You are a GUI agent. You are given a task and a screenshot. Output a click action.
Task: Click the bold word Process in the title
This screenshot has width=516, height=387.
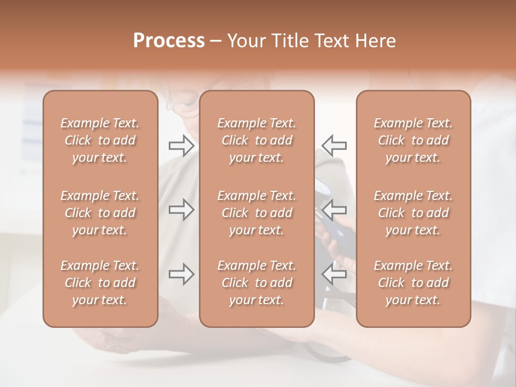169,41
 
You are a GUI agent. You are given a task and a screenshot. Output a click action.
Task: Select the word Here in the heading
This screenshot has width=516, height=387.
374,41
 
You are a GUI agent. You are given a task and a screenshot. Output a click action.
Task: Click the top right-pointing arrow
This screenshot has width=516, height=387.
181,145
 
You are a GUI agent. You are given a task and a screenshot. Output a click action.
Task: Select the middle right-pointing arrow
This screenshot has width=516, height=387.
181,210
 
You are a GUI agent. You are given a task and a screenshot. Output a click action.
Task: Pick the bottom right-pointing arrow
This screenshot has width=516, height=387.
181,274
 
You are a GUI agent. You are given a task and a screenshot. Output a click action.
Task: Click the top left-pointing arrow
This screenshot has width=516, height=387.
334,145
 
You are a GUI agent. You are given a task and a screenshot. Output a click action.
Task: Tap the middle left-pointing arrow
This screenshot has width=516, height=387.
334,210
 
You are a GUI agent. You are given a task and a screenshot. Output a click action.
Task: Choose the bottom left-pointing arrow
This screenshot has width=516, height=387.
334,274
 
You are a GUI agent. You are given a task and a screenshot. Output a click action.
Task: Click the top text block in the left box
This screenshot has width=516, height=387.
100,140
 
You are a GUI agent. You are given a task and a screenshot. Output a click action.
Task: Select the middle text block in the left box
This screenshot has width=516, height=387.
100,213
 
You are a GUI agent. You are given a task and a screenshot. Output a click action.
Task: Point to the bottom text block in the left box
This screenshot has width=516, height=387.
100,283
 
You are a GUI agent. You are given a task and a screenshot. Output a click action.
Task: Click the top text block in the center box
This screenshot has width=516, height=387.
256,140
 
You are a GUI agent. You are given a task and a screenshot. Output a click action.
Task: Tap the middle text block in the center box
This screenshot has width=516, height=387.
256,213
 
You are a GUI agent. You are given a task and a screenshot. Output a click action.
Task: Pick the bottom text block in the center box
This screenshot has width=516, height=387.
256,283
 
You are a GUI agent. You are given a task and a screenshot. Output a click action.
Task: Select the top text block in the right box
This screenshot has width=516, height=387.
413,140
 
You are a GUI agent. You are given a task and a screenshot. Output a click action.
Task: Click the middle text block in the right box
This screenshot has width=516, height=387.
413,213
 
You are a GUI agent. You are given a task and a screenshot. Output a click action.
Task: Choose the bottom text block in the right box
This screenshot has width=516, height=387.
413,283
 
